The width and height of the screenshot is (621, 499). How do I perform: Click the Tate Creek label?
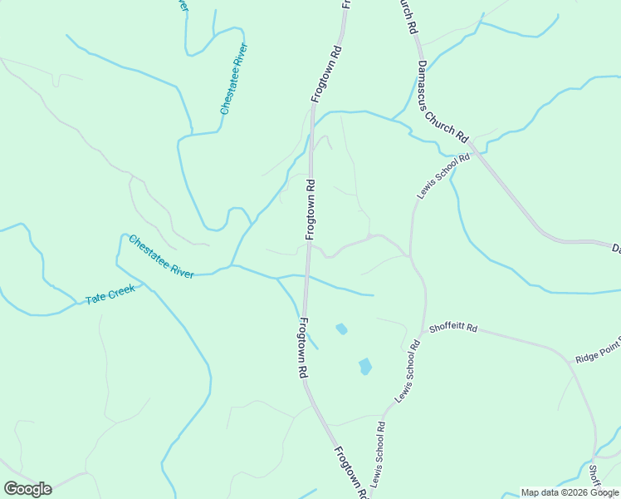click(110, 294)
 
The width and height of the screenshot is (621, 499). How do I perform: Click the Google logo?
click(27, 489)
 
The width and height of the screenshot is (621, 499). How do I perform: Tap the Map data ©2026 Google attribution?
click(570, 492)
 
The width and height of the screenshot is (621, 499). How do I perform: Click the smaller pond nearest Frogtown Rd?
click(341, 329)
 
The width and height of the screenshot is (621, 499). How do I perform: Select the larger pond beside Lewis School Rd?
click(364, 366)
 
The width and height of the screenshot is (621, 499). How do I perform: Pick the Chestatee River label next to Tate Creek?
click(161, 256)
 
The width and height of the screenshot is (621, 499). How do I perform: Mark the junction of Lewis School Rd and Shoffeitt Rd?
click(425, 330)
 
